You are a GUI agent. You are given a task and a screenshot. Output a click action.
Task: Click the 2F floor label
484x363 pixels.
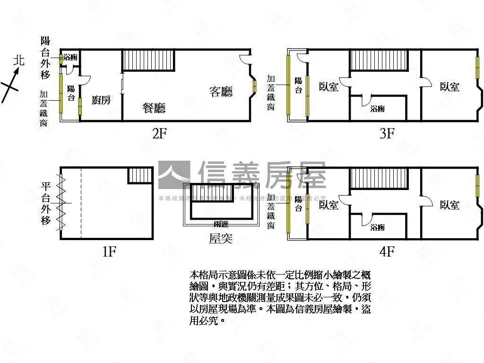point(159,134)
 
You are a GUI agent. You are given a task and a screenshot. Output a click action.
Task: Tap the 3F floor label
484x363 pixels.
point(387,134)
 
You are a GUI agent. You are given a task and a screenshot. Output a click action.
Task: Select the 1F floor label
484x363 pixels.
point(109,251)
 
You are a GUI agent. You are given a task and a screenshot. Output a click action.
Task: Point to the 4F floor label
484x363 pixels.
point(387,251)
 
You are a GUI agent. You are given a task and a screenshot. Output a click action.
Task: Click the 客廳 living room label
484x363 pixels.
point(221,91)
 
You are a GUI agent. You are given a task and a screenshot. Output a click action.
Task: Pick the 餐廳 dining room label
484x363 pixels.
point(154,108)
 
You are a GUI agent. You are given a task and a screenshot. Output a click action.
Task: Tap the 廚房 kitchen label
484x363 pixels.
point(101,100)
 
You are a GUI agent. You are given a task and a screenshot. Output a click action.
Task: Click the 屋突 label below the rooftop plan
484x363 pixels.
point(221,239)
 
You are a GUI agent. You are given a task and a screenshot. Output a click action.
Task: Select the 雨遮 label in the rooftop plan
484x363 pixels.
point(220,224)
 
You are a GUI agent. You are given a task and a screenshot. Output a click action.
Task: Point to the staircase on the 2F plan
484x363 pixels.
point(149,60)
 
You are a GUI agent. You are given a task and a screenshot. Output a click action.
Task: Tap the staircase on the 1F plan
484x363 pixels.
point(140,175)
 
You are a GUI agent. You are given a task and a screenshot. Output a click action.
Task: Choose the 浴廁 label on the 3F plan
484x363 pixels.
point(377,109)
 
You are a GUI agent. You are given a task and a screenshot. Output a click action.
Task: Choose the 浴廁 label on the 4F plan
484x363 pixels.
point(377,227)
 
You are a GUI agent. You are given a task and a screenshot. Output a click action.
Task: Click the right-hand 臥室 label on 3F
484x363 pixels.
point(449,87)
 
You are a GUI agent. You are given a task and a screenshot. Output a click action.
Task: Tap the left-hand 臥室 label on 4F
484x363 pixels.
point(328,205)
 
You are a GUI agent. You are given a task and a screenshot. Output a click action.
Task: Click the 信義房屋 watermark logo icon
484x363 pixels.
point(174,175)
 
